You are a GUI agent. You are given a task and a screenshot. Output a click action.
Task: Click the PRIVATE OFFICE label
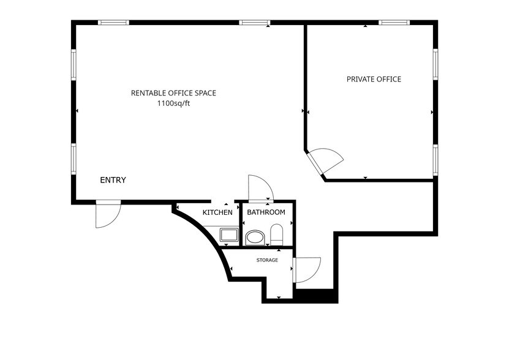point(374,79)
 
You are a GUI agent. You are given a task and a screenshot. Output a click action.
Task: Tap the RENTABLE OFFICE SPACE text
point(173,93)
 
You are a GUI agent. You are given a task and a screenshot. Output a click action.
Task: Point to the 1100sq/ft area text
point(173,103)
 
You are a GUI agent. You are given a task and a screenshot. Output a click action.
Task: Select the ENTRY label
point(113,180)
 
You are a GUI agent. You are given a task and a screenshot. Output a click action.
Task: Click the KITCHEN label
point(217,212)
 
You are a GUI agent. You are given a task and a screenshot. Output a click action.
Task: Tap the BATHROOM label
point(266,212)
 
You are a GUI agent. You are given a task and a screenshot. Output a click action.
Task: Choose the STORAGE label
point(267,260)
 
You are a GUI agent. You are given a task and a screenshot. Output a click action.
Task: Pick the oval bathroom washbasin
point(254,236)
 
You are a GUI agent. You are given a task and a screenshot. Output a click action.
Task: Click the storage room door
point(307,269)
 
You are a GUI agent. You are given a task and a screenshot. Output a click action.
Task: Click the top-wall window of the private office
point(393,23)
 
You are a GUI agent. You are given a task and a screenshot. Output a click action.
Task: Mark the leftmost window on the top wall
point(114,23)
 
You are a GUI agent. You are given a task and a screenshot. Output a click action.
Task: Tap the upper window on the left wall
point(74,64)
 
